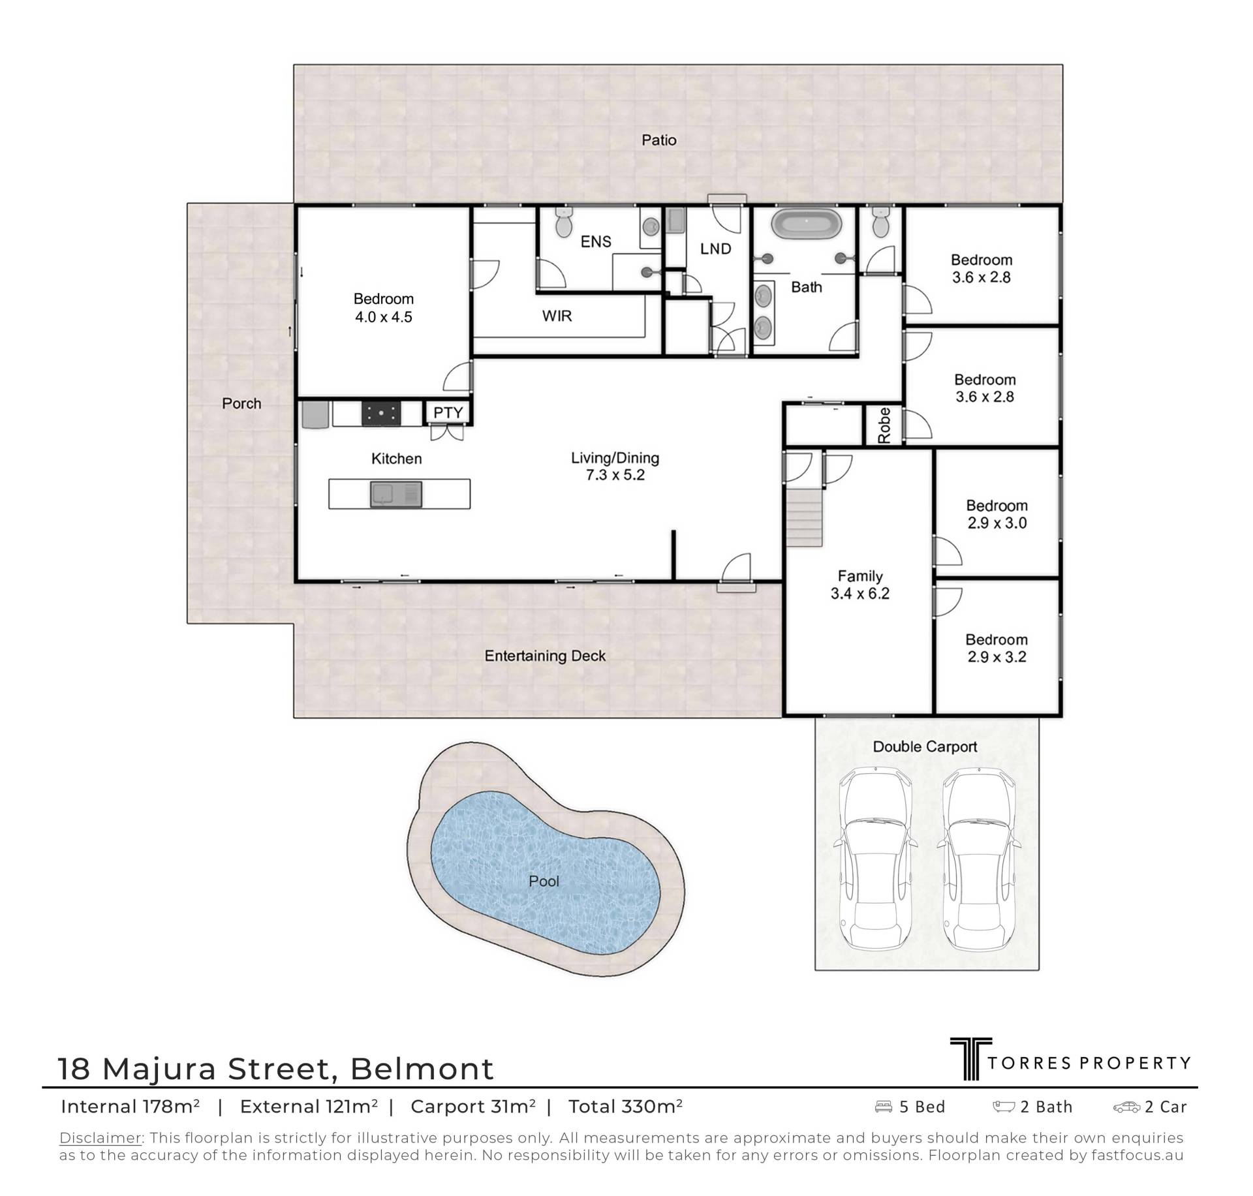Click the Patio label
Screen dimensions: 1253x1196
coord(658,140)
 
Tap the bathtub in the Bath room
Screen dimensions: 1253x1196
coord(805,224)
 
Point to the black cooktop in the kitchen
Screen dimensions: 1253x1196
coord(382,414)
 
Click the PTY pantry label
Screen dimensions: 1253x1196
coord(448,412)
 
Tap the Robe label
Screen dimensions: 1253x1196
coord(884,425)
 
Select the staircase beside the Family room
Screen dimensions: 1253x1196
coord(805,518)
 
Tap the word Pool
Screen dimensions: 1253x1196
coord(544,882)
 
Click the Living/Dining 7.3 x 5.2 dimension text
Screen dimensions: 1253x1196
coord(615,475)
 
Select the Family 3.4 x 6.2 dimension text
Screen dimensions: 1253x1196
coord(859,594)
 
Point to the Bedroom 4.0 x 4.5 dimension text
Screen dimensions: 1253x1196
coord(383,317)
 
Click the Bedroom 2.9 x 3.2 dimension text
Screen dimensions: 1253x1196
coord(997,657)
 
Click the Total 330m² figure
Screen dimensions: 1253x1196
coord(625,1107)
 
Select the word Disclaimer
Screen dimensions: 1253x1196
coord(101,1138)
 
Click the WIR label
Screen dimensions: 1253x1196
coord(557,316)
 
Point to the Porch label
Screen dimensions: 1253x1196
coord(241,403)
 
